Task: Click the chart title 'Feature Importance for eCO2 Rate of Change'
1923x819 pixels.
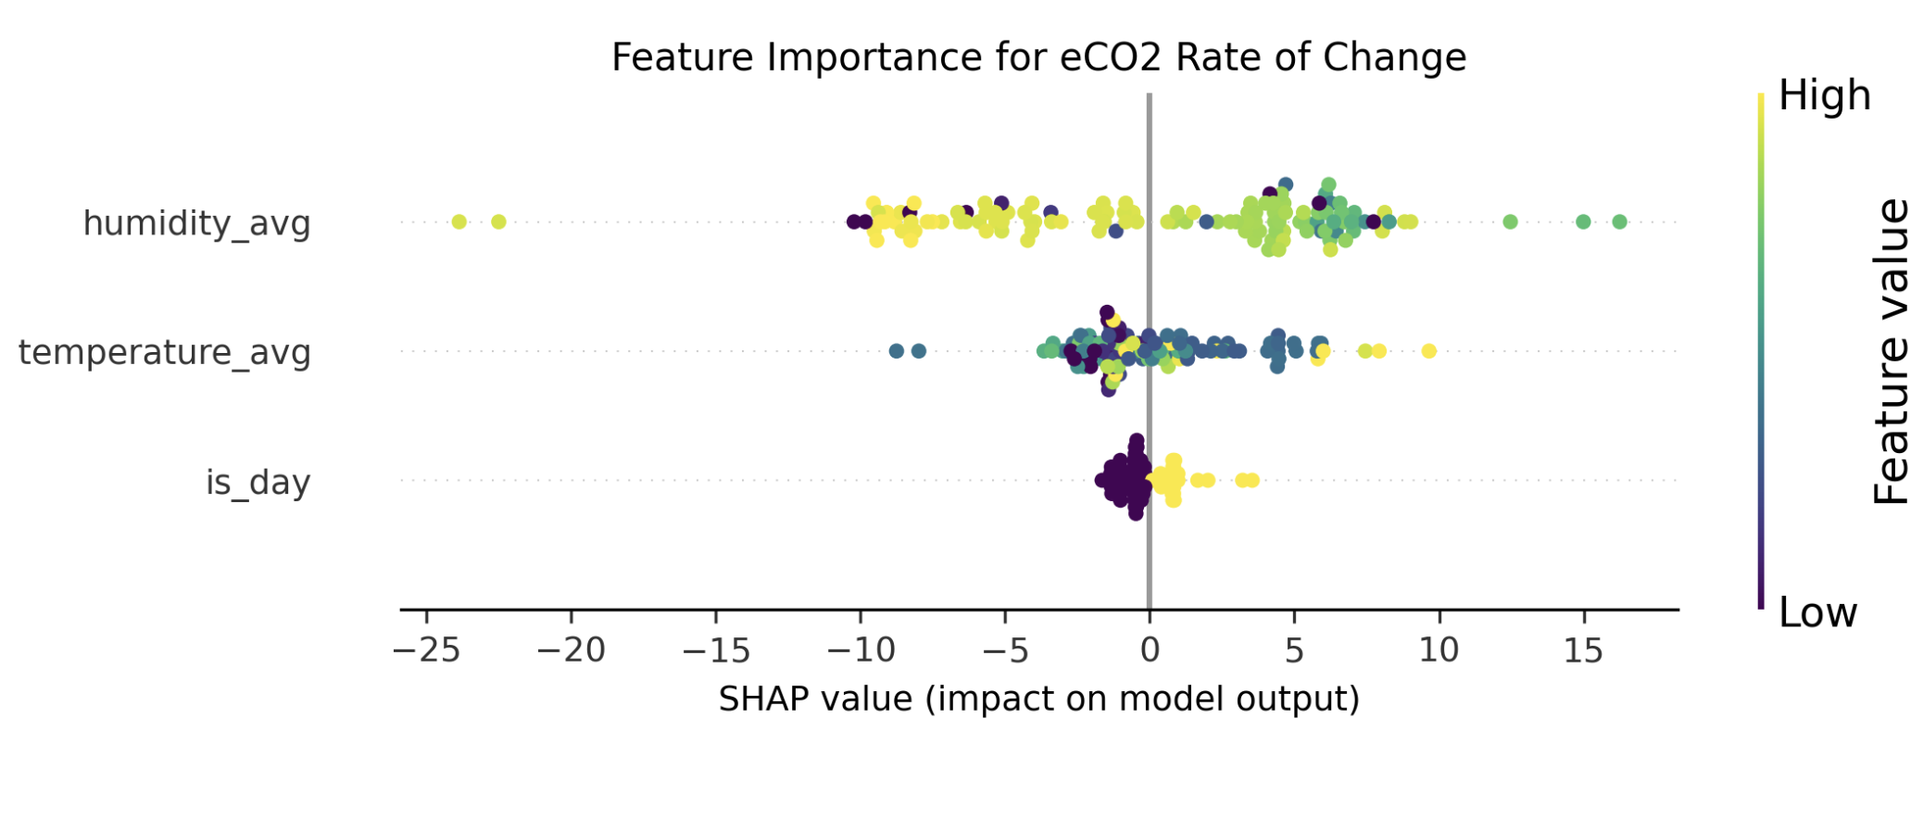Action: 1038,57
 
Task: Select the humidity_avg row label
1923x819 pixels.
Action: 196,223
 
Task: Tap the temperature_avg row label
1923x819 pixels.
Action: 164,352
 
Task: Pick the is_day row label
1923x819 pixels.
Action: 258,482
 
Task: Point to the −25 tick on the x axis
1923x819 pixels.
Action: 426,650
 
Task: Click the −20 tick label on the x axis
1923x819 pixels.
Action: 571,650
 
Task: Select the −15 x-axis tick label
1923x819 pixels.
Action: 715,650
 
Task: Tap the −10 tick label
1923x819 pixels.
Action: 861,650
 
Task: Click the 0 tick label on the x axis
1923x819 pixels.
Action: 1150,650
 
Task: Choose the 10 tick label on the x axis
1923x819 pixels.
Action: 1439,650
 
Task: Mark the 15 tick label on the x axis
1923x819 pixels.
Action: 1583,650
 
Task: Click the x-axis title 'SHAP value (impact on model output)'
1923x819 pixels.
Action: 1038,699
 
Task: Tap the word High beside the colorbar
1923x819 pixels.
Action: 1824,95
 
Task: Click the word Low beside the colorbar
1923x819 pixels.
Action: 1817,612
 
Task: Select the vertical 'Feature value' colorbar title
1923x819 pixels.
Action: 1891,352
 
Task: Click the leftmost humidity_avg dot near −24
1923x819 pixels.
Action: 459,221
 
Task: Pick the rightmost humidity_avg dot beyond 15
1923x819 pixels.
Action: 1619,221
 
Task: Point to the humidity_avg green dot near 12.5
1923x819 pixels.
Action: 1510,221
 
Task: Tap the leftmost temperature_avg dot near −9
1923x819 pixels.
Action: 896,351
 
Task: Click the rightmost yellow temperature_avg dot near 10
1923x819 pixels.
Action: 1428,350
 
